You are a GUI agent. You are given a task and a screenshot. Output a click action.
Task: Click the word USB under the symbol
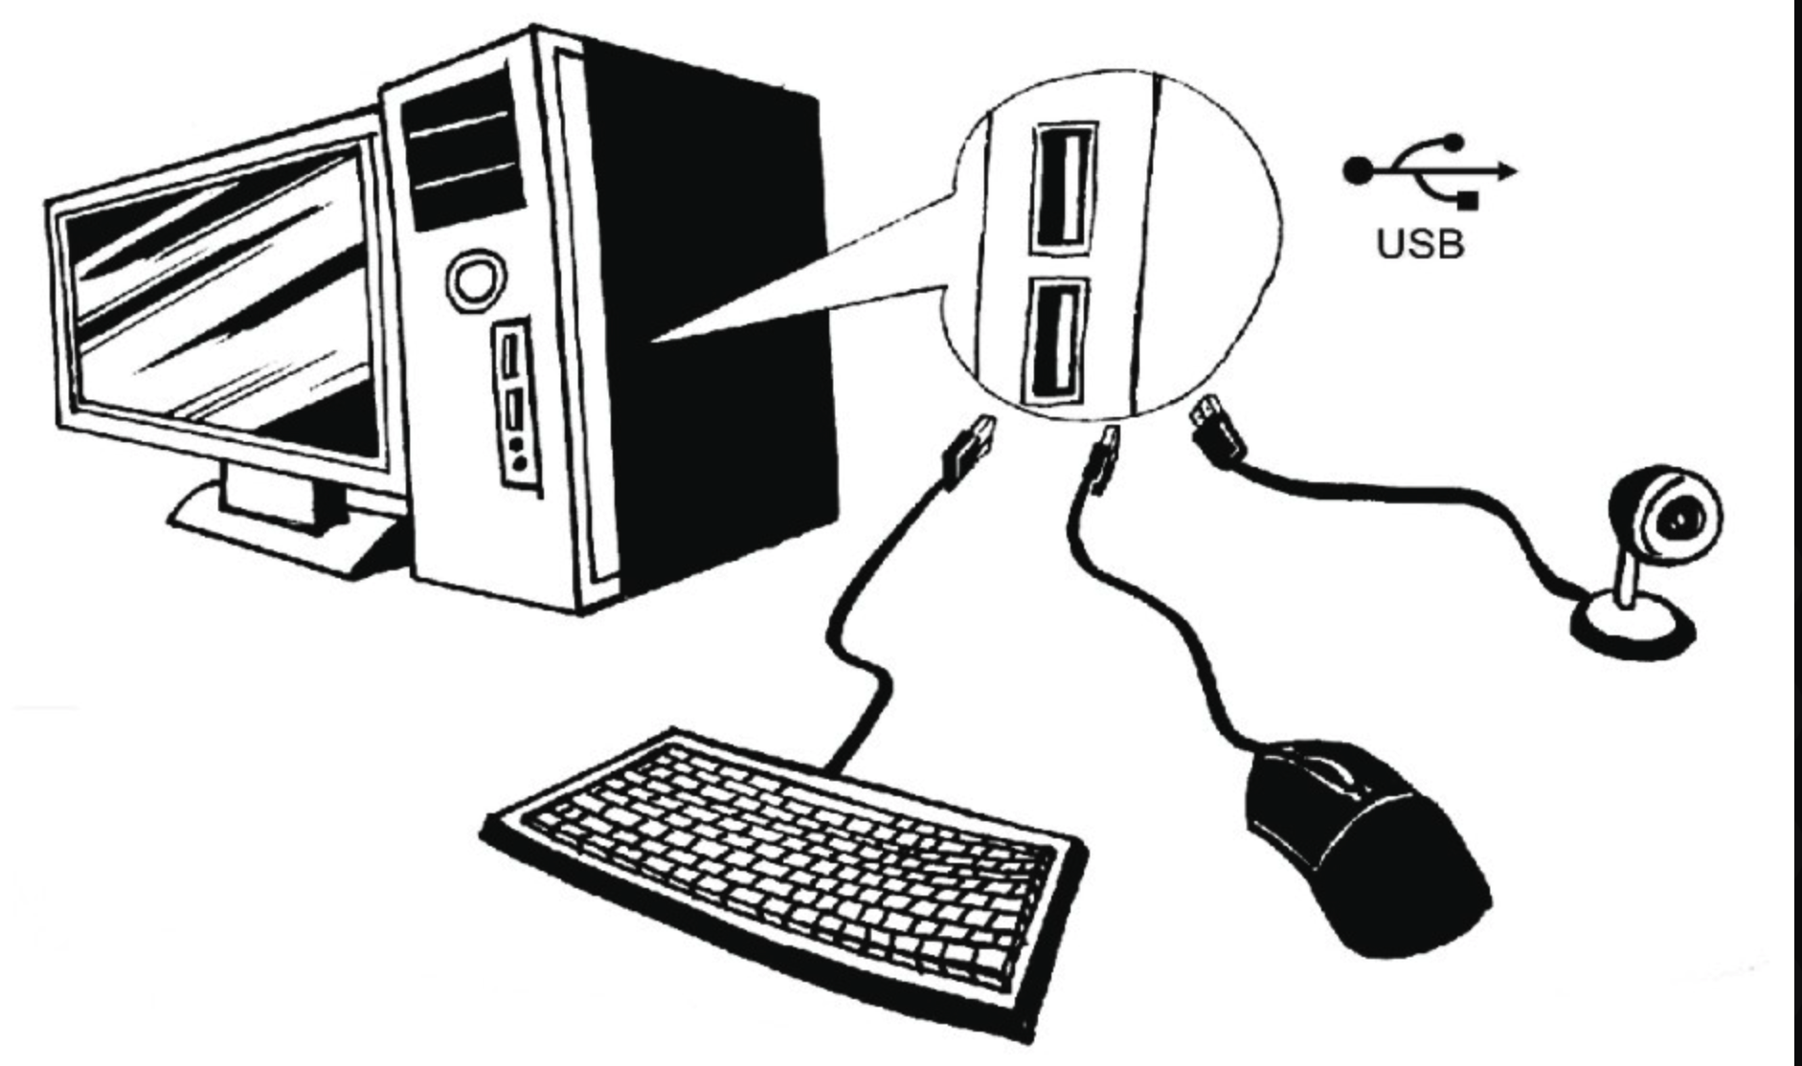tap(1421, 244)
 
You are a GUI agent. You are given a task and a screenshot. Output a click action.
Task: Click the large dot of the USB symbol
tap(1356, 171)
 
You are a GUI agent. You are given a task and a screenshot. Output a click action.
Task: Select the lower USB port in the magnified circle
tap(1055, 342)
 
